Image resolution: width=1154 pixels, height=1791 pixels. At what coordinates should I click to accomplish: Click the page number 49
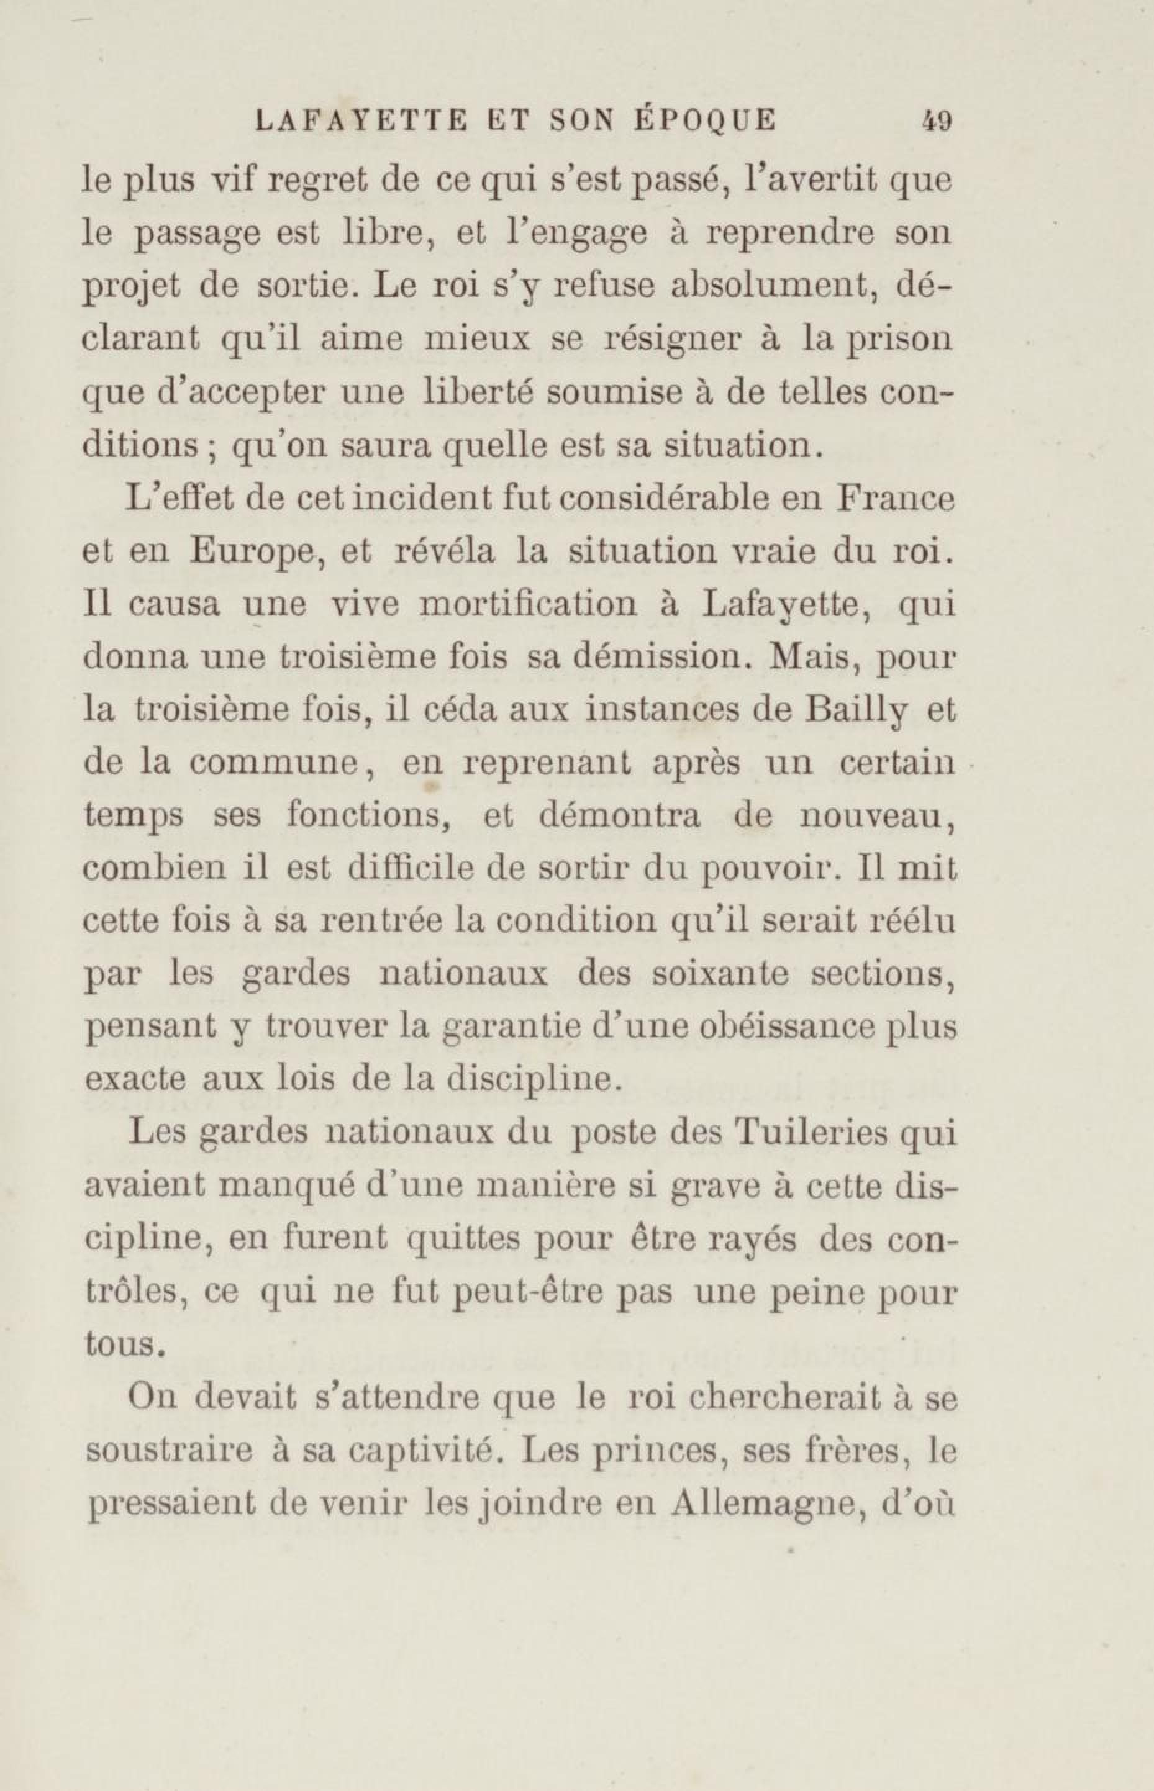pyautogui.click(x=936, y=120)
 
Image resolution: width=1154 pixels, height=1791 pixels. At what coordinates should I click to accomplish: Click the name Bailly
pyautogui.click(x=858, y=712)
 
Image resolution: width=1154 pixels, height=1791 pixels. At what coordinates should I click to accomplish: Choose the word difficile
pyautogui.click(x=412, y=869)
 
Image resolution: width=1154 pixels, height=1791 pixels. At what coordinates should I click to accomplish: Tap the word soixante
pyautogui.click(x=719, y=974)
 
